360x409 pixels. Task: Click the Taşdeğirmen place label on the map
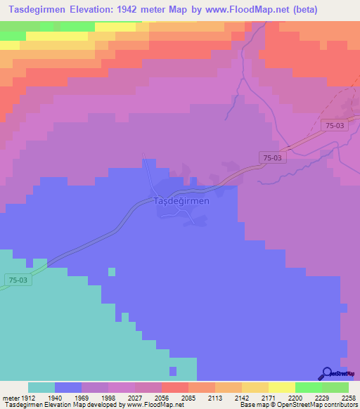(x=181, y=201)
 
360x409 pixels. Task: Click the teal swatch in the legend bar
(x=41, y=387)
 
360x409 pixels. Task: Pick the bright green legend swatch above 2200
(x=309, y=387)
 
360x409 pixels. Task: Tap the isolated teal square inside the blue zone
(x=111, y=271)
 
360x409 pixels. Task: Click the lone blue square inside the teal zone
(x=173, y=370)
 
